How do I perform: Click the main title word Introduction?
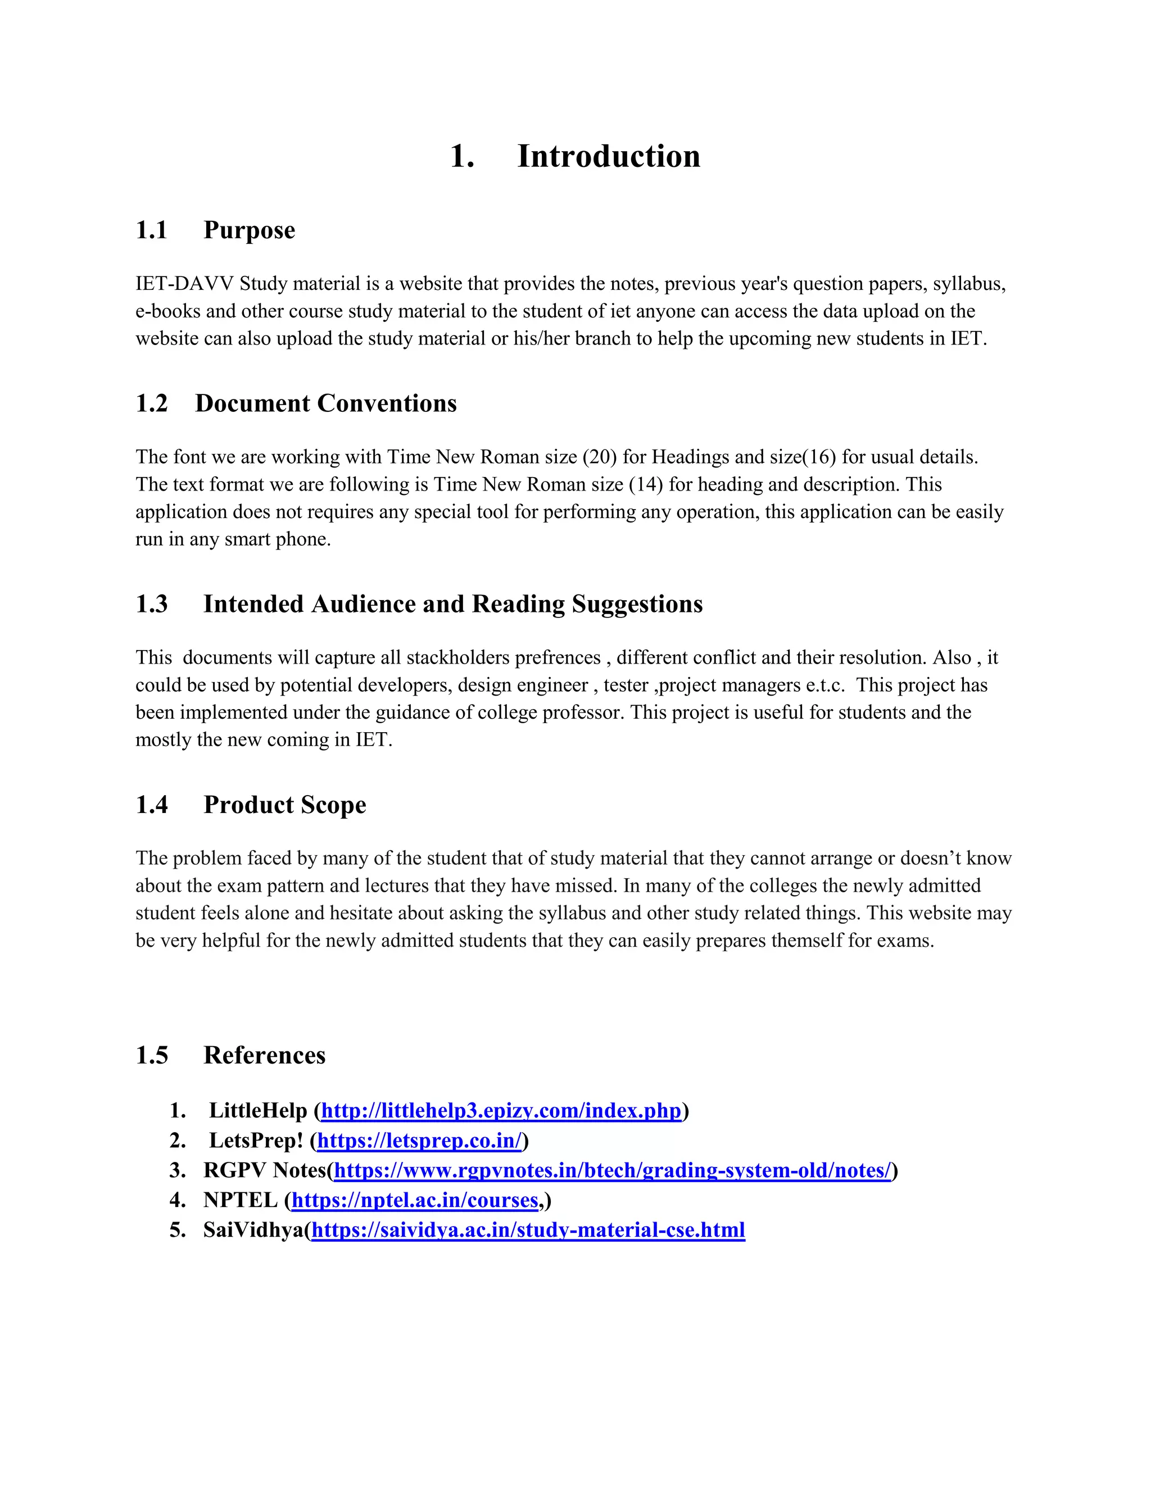(608, 157)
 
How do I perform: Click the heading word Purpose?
(249, 230)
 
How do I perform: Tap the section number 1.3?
(151, 605)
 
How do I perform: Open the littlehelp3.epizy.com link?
(501, 1111)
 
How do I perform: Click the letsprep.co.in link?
(419, 1141)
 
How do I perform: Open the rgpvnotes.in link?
(613, 1170)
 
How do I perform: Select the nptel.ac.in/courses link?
(415, 1201)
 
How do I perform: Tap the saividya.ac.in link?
(528, 1231)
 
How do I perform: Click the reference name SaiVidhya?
(253, 1231)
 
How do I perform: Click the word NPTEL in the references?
(240, 1201)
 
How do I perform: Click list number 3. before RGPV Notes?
(177, 1170)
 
